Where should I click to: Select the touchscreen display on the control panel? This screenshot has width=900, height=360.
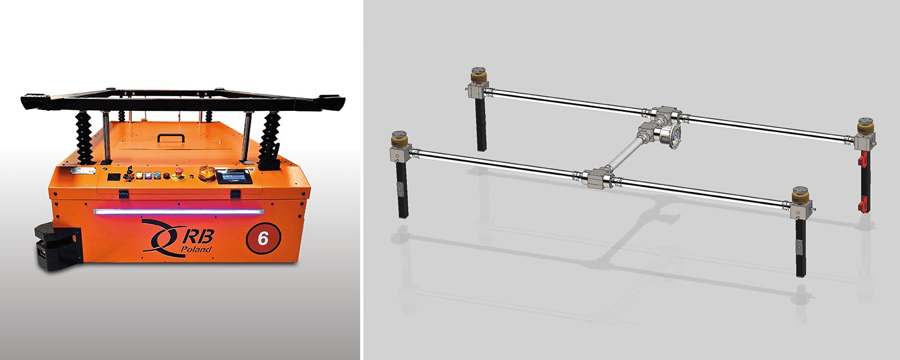click(234, 177)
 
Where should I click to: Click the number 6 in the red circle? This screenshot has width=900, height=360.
click(263, 238)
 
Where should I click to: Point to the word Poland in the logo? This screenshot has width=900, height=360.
click(196, 250)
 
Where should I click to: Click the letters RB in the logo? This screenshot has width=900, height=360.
click(199, 236)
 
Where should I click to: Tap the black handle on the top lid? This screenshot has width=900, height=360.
click(171, 138)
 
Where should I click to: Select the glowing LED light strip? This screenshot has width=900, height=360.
click(179, 211)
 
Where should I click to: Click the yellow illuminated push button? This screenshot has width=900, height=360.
click(140, 175)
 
